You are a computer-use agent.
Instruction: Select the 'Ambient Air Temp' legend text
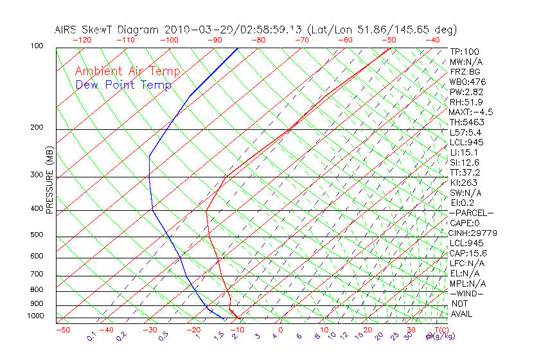tap(127, 71)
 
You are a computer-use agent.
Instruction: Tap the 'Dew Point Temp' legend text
tap(123, 85)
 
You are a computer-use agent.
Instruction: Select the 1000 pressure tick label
tap(37, 316)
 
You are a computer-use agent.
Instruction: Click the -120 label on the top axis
tap(82, 40)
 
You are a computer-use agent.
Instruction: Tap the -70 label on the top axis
tap(301, 40)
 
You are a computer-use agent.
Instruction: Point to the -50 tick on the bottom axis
tap(63, 330)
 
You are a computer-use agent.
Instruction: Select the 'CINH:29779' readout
tap(474, 233)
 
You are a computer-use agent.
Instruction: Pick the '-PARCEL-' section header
tap(471, 213)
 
